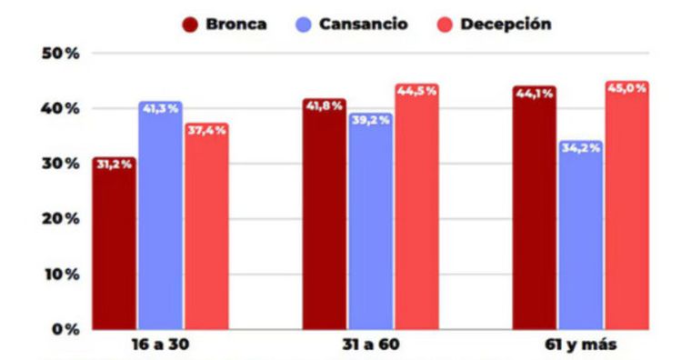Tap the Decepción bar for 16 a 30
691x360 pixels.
[x=205, y=226]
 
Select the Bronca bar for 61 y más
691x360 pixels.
[x=534, y=208]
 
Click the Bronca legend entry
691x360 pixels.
[x=225, y=24]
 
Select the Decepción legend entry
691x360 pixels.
[x=486, y=24]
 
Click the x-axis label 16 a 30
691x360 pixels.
[x=160, y=348]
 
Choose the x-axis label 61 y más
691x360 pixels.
[x=580, y=348]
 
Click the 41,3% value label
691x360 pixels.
[x=160, y=108]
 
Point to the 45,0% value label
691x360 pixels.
[x=626, y=88]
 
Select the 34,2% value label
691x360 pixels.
[x=580, y=147]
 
